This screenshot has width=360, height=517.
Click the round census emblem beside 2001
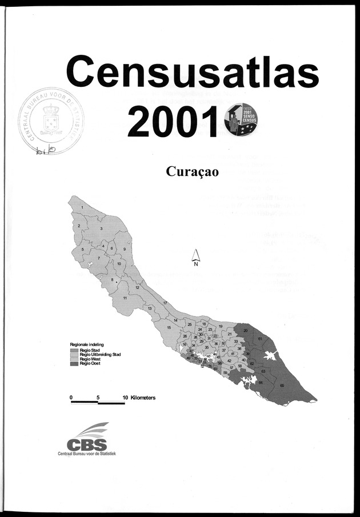(242, 121)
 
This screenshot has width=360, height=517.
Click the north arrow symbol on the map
(195, 258)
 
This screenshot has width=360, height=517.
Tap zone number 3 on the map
(101, 228)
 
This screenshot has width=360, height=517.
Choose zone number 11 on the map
(125, 298)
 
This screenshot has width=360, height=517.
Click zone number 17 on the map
(165, 302)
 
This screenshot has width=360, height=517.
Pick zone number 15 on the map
(169, 327)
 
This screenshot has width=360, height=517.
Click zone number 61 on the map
(259, 339)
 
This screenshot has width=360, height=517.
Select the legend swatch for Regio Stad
(75, 350)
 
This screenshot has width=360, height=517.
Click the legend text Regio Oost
(90, 363)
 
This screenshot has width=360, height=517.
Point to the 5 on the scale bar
(98, 396)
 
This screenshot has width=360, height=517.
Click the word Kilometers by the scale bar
(143, 396)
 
